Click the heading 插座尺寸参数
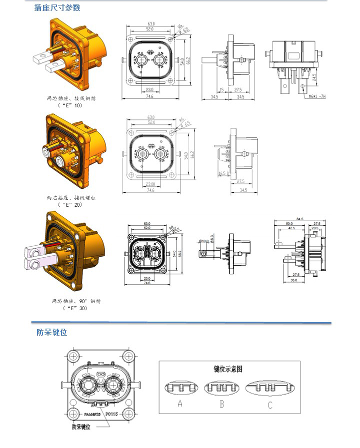(57, 7)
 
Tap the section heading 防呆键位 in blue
(51, 332)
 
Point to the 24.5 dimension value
(314, 77)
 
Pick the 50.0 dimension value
(289, 223)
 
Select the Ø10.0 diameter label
(204, 241)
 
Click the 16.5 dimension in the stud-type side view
(223, 173)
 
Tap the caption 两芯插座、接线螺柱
(70, 198)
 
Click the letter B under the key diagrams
(223, 404)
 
